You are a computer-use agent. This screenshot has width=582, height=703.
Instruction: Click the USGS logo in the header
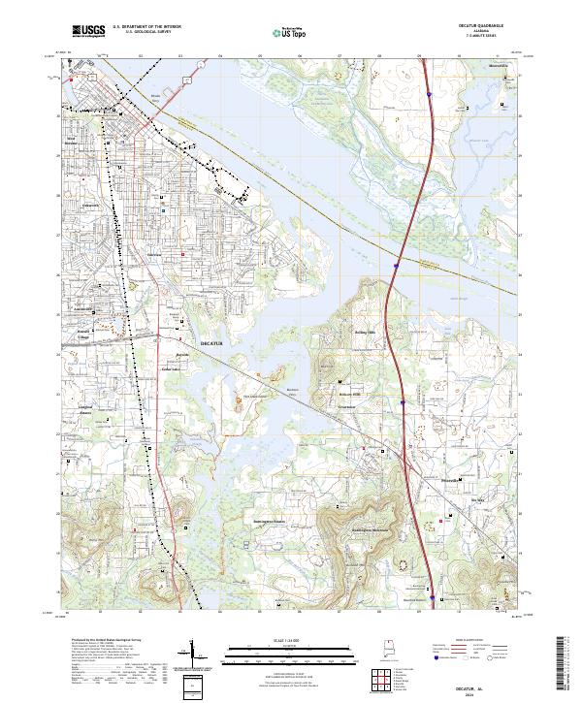(x=89, y=31)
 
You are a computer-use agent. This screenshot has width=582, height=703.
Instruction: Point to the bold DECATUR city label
(x=210, y=344)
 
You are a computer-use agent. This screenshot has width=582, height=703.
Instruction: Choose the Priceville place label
(x=427, y=479)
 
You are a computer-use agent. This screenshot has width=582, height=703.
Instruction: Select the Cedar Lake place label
(x=171, y=369)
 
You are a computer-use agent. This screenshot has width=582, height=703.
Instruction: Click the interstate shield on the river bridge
(x=396, y=262)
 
